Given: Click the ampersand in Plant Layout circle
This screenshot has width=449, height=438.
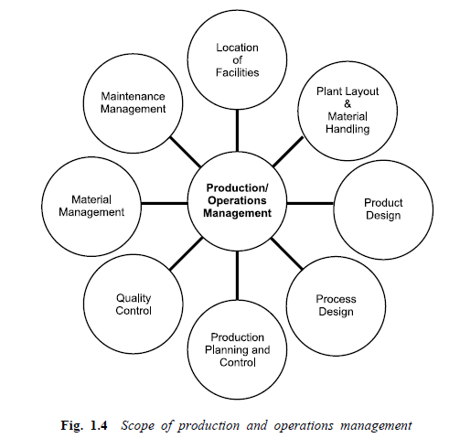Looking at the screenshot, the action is coord(347,104).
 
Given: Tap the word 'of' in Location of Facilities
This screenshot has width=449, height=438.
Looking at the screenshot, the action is coord(238,60).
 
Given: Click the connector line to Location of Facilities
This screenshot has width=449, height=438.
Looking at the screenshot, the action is coord(237,131).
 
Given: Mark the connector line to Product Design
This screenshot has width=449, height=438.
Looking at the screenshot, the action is coord(310,203).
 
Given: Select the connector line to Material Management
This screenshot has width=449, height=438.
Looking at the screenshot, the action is coord(165,203).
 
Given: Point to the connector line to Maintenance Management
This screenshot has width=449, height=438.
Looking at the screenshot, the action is coord(186,152).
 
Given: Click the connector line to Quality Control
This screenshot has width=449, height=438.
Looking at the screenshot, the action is coord(187,253).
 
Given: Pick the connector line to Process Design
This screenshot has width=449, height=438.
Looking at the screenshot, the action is coord(286,253).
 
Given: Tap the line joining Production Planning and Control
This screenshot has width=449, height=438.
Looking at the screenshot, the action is coord(237,275).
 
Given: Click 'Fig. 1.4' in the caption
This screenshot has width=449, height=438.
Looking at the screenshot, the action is coord(84,425).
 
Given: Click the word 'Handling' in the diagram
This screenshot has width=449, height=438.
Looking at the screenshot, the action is coord(347,129).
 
